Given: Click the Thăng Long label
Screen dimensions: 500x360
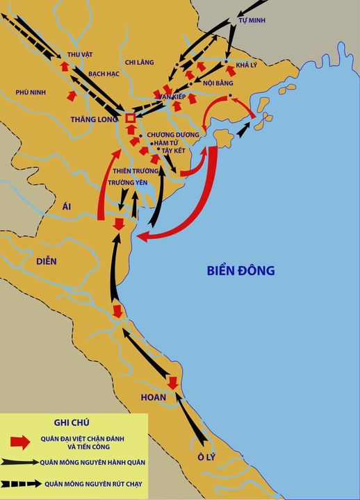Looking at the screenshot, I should (x=95, y=119).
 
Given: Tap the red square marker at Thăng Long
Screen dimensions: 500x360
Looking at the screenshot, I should (x=130, y=118).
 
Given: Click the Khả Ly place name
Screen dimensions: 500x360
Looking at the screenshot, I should (x=246, y=65).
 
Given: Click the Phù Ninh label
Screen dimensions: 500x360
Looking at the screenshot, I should (x=31, y=92).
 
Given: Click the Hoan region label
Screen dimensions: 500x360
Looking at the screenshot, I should (x=154, y=398).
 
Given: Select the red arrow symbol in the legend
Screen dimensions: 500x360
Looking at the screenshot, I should (x=21, y=441).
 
